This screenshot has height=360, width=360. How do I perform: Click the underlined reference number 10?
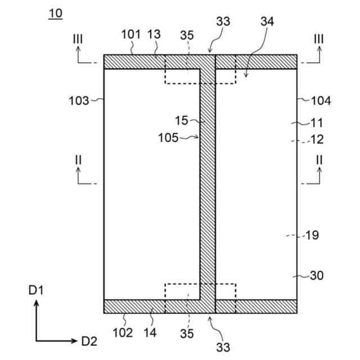(x=56, y=13)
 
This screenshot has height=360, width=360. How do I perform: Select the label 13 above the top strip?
(x=155, y=34)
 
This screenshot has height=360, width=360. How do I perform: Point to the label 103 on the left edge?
(x=78, y=101)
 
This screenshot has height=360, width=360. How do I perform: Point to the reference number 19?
(x=312, y=235)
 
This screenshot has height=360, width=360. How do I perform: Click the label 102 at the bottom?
(x=123, y=332)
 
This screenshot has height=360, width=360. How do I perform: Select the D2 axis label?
(x=89, y=340)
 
